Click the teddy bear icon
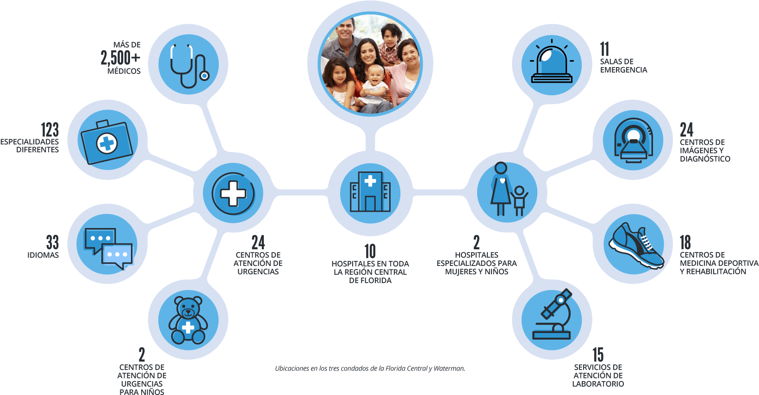(x=187, y=320)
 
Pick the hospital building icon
(x=370, y=191)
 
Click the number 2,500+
(x=120, y=58)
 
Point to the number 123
(x=50, y=130)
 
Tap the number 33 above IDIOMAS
(x=52, y=242)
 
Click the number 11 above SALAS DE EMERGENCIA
(x=604, y=49)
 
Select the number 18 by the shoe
(x=685, y=242)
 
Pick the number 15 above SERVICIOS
(x=598, y=355)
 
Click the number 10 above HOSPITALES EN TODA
(x=370, y=251)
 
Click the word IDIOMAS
(x=43, y=255)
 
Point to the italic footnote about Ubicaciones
(x=370, y=369)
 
